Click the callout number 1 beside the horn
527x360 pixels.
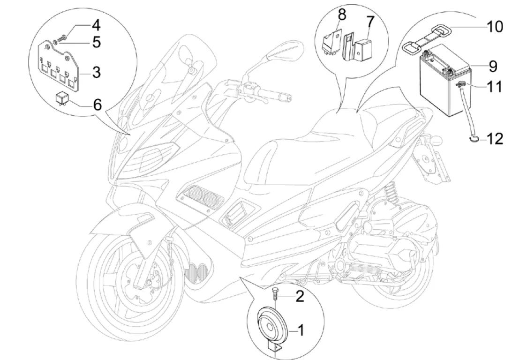[x=301, y=331]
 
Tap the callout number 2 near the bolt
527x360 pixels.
[x=300, y=296]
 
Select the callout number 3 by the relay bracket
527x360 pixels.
[x=96, y=73]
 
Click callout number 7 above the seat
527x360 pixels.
[x=370, y=21]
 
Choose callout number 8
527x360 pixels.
[x=342, y=15]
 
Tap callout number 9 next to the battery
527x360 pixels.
[x=492, y=67]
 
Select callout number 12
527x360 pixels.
[x=495, y=139]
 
